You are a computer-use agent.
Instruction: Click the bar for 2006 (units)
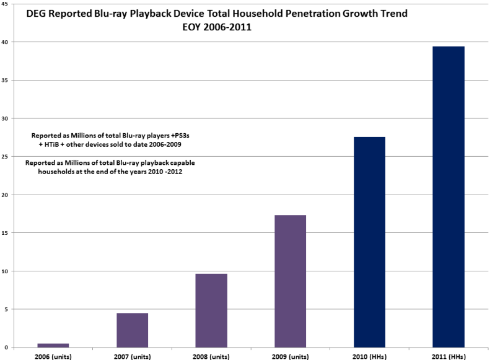click(53, 345)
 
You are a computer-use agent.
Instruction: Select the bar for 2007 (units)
click(132, 330)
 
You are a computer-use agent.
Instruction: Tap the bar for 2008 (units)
click(211, 310)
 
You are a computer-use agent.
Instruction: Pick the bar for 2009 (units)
click(290, 281)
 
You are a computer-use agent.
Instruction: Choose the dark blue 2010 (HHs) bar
click(369, 242)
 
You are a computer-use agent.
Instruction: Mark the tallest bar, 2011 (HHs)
click(449, 196)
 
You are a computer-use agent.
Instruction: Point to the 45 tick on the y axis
click(6, 4)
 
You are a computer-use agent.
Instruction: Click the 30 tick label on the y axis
click(6, 118)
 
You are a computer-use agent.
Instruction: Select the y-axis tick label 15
click(6, 233)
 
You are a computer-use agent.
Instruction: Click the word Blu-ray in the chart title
click(107, 13)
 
